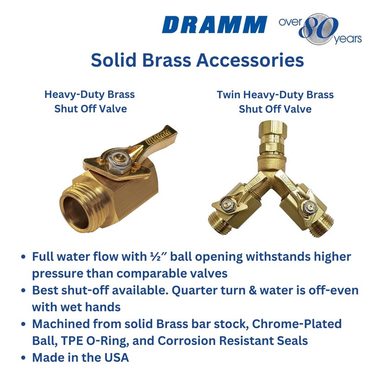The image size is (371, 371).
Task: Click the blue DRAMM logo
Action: click(x=215, y=25)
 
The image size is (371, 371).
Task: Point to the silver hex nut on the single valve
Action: click(x=114, y=159)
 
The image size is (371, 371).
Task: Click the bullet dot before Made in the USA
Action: click(x=24, y=358)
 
